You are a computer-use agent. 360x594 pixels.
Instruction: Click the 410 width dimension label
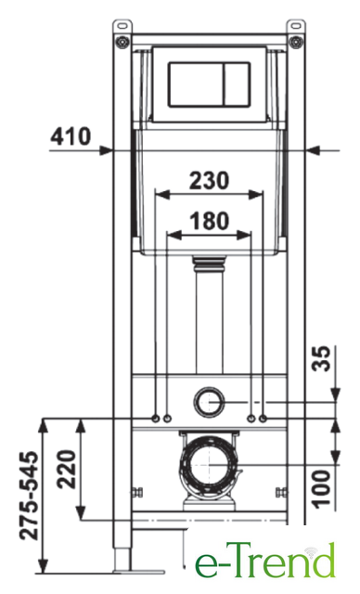click(x=71, y=136)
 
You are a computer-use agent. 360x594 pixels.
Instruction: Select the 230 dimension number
click(x=210, y=180)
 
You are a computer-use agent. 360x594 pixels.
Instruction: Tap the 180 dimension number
click(x=210, y=221)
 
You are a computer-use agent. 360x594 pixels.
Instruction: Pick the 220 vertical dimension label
click(x=67, y=469)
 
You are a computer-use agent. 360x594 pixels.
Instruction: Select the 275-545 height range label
click(x=30, y=496)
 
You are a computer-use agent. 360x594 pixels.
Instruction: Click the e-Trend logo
click(x=265, y=560)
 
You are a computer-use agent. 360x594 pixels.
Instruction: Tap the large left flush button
click(x=197, y=84)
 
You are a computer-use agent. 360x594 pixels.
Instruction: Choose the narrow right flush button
click(x=238, y=84)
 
